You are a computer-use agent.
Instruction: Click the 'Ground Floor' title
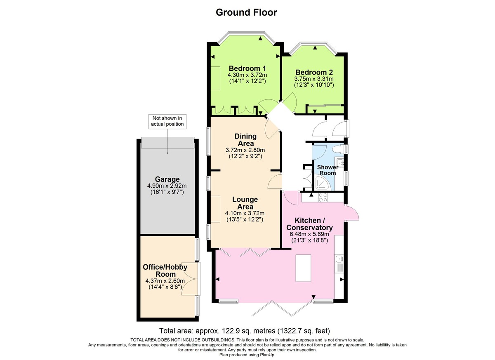click(x=246, y=12)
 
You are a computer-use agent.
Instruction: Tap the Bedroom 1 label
click(x=247, y=68)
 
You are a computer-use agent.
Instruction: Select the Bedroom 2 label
click(x=313, y=72)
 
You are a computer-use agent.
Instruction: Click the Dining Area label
click(x=245, y=140)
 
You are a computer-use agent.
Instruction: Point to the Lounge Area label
click(x=245, y=203)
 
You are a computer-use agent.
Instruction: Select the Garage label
click(x=167, y=179)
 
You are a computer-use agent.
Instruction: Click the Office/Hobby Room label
click(x=165, y=271)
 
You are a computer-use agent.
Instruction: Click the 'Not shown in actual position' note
click(x=167, y=121)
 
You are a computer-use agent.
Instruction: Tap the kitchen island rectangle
click(x=303, y=268)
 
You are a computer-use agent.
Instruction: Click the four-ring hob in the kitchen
click(x=323, y=198)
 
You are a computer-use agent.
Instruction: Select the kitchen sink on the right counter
click(x=339, y=259)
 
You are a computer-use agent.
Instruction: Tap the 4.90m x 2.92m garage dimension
click(x=167, y=186)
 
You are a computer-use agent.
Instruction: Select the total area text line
click(x=245, y=331)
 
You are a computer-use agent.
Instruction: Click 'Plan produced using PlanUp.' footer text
click(x=247, y=354)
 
